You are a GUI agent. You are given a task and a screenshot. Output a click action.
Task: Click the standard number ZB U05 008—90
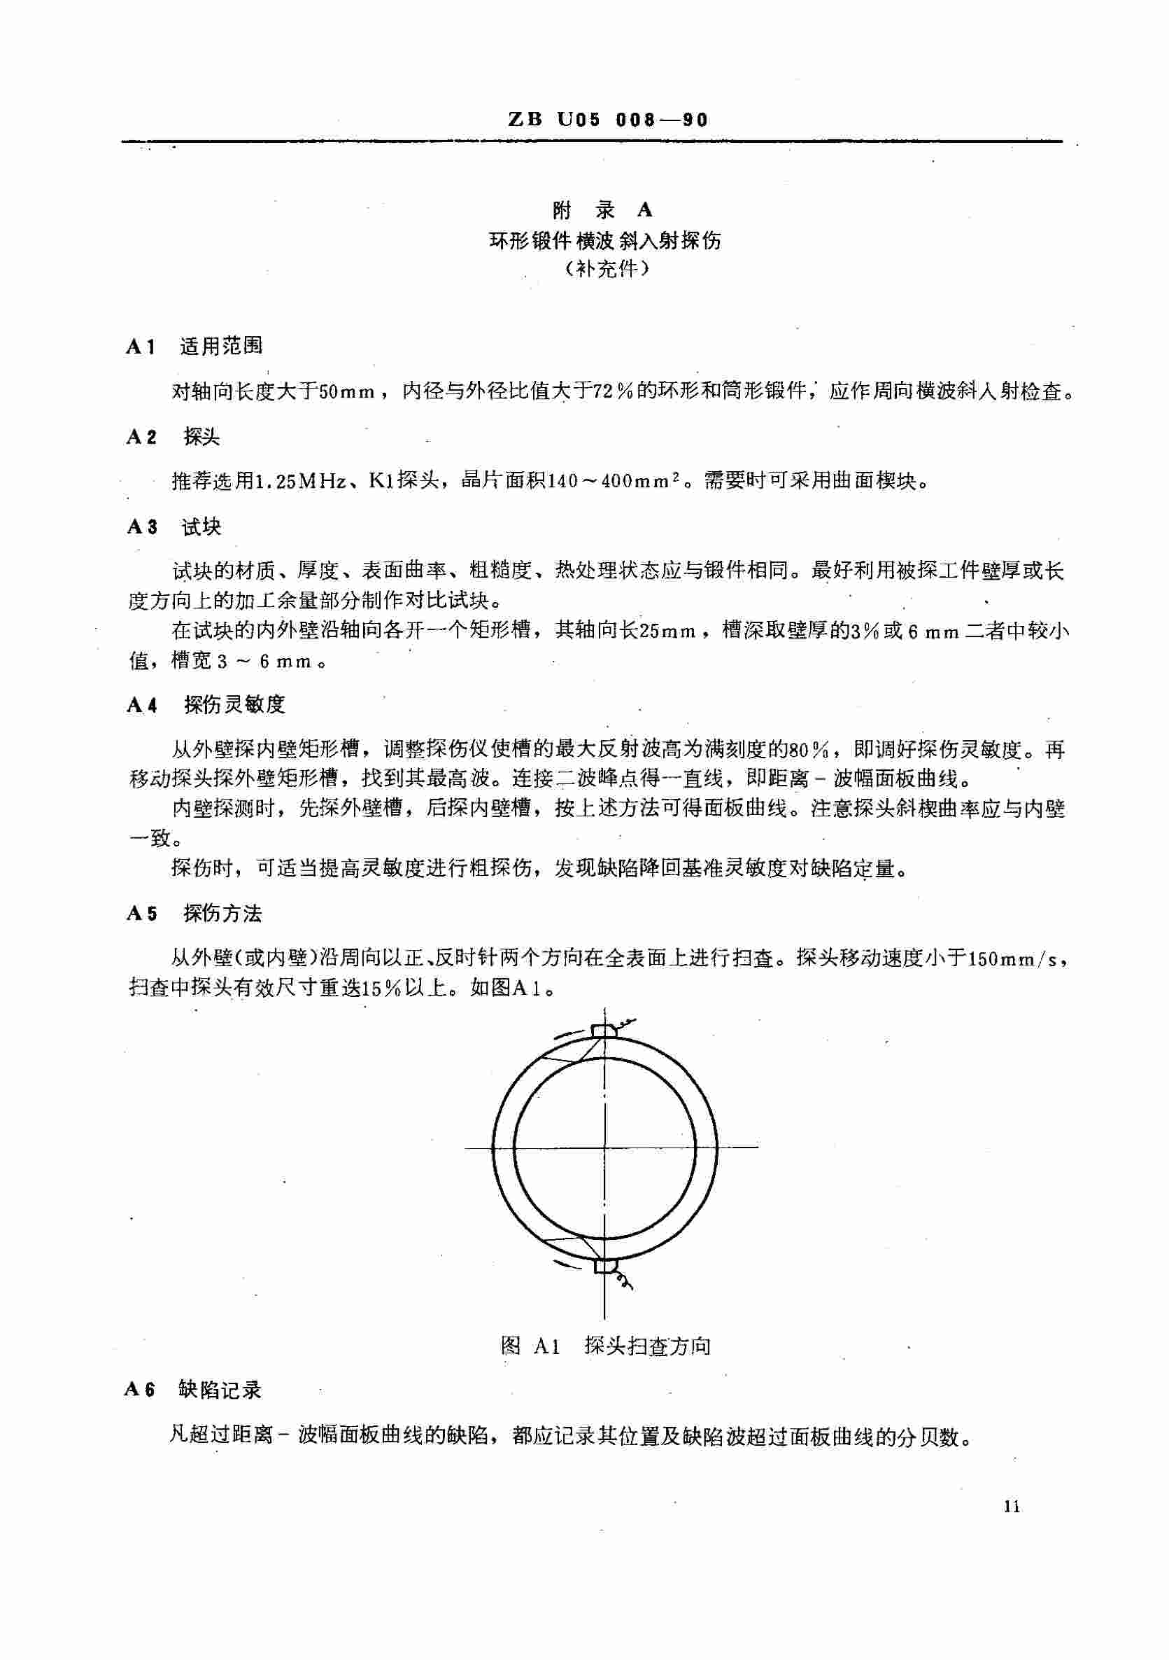(x=608, y=120)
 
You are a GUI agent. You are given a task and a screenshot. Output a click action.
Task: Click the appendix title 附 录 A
(x=602, y=211)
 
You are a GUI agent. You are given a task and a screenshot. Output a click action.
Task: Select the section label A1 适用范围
(x=194, y=347)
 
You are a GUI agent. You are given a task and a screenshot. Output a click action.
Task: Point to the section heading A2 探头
(x=173, y=437)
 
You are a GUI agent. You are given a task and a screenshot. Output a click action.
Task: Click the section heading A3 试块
(x=174, y=527)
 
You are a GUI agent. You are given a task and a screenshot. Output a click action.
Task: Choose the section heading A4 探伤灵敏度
(x=206, y=705)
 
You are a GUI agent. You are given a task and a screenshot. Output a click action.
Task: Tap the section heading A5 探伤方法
(x=194, y=914)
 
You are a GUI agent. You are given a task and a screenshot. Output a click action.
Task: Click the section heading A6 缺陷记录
(x=193, y=1390)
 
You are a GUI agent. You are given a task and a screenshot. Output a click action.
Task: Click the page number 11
(x=1012, y=1507)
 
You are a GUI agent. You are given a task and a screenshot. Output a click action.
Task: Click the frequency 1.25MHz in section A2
(x=302, y=482)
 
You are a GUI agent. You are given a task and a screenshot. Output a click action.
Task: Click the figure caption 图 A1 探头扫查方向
(x=605, y=1346)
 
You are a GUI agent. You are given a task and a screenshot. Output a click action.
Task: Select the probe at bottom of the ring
(x=603, y=1265)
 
